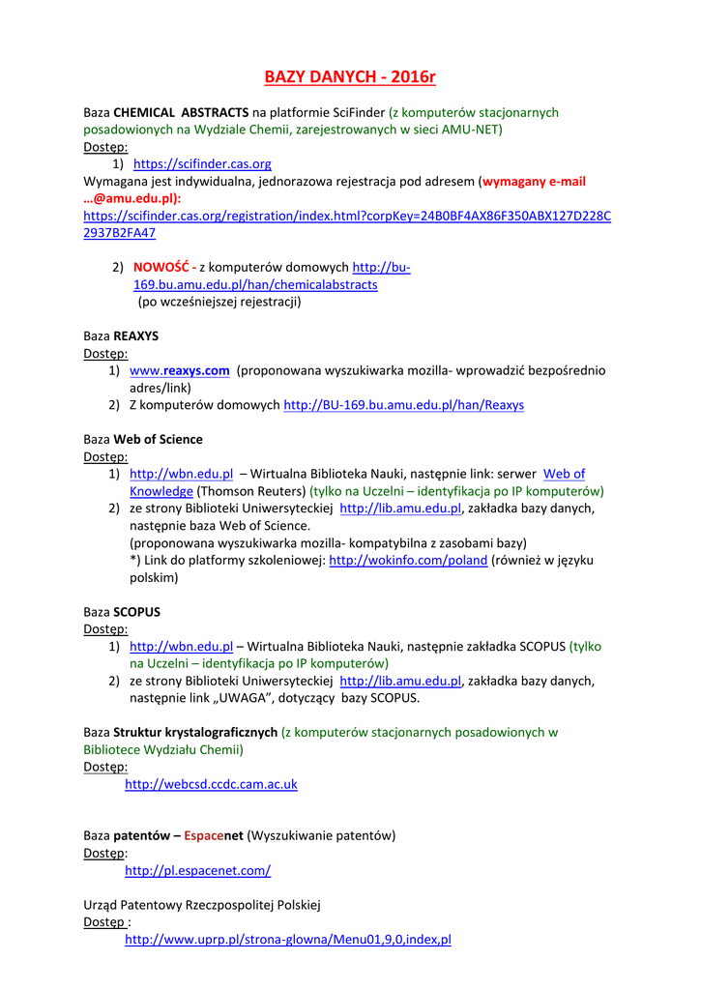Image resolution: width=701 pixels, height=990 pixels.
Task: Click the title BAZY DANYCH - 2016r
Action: pos(351,77)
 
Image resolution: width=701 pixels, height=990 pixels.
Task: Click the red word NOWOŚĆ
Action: pos(162,268)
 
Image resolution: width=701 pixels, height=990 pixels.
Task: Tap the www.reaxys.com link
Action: pos(179,370)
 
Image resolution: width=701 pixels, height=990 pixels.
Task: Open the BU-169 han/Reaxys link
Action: pos(403,405)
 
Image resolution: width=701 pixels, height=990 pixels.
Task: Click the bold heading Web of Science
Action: pos(158,439)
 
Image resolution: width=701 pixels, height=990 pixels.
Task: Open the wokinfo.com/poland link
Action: pos(408,561)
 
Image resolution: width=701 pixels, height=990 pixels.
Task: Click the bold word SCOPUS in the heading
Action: pos(137,612)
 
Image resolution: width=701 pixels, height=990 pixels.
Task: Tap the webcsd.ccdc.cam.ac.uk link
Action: pos(211,784)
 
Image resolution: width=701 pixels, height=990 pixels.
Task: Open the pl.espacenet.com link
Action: pos(197,870)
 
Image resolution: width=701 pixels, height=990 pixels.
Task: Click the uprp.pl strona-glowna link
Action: pos(287,939)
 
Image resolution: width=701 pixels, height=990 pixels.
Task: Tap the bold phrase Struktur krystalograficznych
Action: pos(195,732)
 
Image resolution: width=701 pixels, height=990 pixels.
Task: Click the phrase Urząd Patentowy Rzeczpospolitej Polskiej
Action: pos(202,905)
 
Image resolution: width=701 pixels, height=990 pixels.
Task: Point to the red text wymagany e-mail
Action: pos(534,182)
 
